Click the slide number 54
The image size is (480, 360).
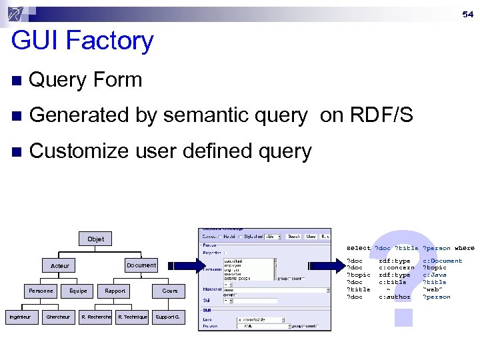coord(468,14)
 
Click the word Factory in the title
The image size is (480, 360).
coord(116,41)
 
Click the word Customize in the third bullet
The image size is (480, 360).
coord(78,151)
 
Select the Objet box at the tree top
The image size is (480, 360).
coord(95,239)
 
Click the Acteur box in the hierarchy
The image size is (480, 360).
coord(60,265)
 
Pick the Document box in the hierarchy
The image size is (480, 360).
coord(141,265)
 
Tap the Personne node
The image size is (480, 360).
coord(41,291)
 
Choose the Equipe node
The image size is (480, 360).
coord(78,291)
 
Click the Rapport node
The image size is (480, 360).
coord(115,291)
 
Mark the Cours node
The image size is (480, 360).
coord(170,291)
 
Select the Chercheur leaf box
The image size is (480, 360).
coord(58,317)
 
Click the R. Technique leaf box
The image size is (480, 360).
coord(133,317)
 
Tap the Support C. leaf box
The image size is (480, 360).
coord(167,317)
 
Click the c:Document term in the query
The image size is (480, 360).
coord(442,261)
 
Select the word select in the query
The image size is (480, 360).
coord(359,248)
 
